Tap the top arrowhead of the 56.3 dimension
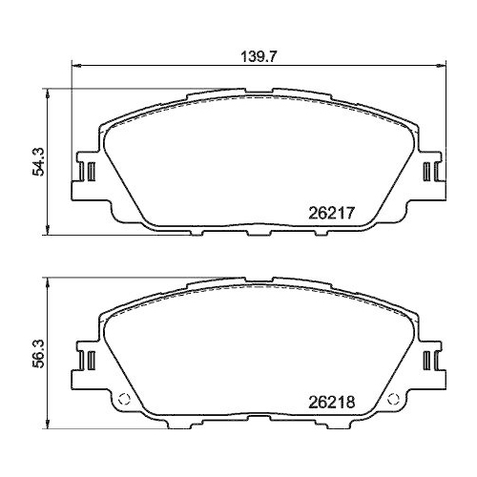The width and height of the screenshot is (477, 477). click(x=48, y=282)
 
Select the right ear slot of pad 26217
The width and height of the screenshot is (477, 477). click(x=430, y=172)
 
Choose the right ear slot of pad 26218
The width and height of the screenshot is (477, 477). click(x=430, y=362)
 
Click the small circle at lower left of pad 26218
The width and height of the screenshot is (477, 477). click(x=120, y=401)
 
